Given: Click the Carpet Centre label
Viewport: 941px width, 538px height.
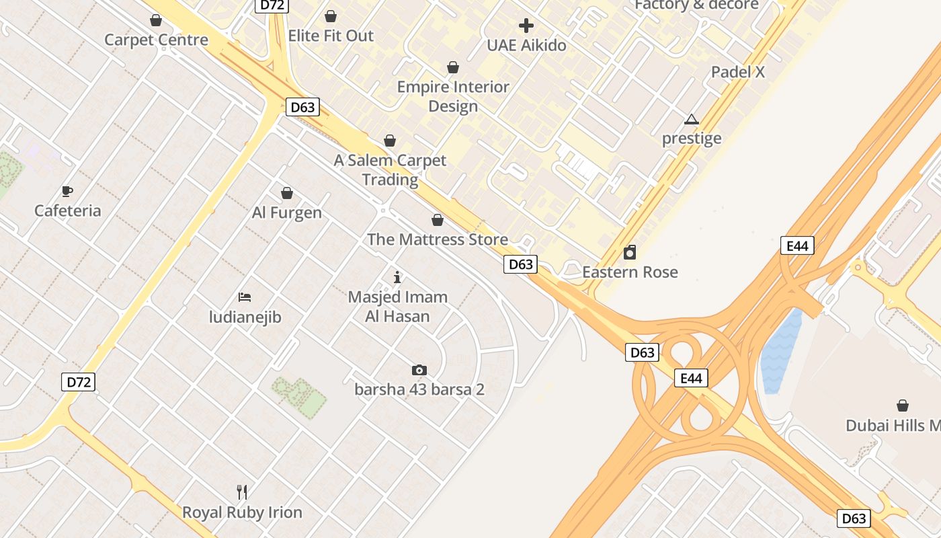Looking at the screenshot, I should click(156, 40).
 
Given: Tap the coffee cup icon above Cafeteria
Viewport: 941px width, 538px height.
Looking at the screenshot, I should click(67, 191).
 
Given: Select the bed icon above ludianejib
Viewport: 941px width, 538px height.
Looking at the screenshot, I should click(245, 297).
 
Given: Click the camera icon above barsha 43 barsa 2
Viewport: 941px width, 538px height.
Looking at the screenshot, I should click(419, 370).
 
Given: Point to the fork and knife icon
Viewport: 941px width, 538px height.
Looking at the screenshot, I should click(242, 492).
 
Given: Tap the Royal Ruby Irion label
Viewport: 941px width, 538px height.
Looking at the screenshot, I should click(242, 512).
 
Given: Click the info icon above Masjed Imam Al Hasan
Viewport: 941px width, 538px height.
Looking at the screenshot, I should click(397, 276).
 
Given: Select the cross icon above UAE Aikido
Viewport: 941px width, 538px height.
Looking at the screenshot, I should click(526, 26).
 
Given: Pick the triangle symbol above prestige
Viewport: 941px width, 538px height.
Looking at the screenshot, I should click(691, 120).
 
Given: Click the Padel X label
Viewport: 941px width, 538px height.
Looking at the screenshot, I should click(738, 72).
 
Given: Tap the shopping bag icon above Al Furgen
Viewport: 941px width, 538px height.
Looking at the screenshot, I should click(287, 194).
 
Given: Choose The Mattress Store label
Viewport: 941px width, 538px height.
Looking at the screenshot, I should click(437, 239).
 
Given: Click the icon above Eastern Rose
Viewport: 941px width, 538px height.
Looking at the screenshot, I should click(630, 252).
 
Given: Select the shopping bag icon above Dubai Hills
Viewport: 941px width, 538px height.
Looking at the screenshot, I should click(903, 406).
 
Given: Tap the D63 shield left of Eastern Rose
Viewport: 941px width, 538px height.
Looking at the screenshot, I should click(520, 264).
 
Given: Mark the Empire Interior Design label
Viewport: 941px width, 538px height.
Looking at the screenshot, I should click(453, 96).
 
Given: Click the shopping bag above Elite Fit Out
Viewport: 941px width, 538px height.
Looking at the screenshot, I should click(331, 16).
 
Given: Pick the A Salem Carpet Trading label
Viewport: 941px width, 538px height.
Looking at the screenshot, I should click(390, 170).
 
